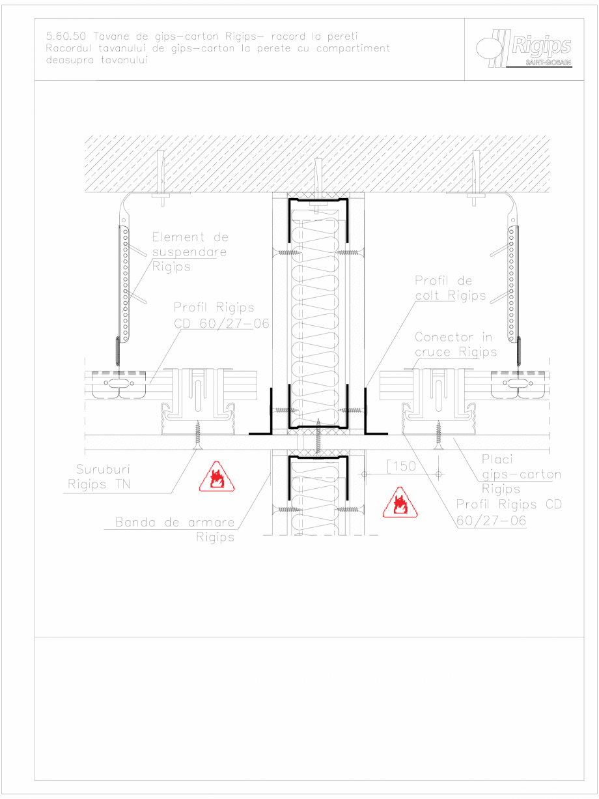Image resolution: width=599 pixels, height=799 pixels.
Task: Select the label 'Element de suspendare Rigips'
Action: coord(189,252)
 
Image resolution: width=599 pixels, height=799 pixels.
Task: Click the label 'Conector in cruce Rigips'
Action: coord(455,344)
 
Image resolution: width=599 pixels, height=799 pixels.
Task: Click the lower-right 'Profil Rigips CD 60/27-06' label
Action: coord(508,512)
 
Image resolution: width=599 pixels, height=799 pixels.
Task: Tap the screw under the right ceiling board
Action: coord(438,434)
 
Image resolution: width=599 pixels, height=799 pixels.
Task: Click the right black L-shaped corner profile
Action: coord(370,417)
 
